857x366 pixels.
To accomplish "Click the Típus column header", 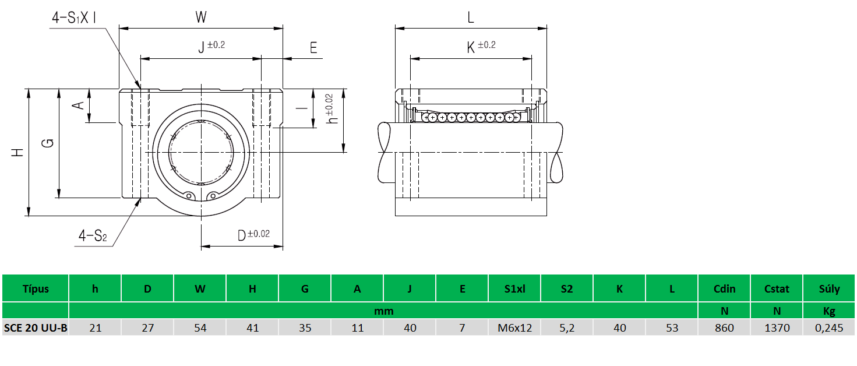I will point(36,288).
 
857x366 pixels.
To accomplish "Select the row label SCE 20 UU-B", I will point(36,328).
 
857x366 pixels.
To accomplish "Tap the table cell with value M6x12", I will point(514,328).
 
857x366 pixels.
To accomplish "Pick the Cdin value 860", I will point(724,328).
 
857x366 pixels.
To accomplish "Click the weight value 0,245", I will point(830,328).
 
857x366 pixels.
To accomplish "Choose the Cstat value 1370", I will point(777,328).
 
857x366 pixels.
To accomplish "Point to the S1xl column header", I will point(514,288).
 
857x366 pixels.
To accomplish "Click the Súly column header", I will point(830,288).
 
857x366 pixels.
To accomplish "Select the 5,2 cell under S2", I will point(567,328).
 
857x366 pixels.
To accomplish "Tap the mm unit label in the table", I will point(383,311).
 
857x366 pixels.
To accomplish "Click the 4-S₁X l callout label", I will point(74,18).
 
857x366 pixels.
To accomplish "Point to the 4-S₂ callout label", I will point(93,236).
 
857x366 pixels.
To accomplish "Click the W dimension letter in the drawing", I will point(200,17).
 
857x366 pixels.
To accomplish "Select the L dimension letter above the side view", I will point(471,17).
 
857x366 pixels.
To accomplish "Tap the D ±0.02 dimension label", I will point(253,235).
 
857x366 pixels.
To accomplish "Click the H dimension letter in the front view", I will point(18,153).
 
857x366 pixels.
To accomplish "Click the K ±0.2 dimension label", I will point(481,47).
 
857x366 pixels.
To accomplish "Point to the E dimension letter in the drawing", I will point(313,48).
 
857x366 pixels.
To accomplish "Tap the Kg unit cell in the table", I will point(830,311).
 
